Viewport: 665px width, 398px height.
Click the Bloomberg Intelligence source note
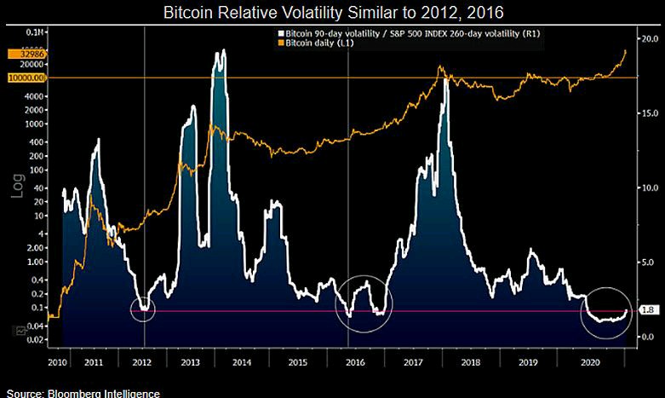click(x=81, y=392)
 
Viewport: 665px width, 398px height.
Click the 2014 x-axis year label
click(x=242, y=363)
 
